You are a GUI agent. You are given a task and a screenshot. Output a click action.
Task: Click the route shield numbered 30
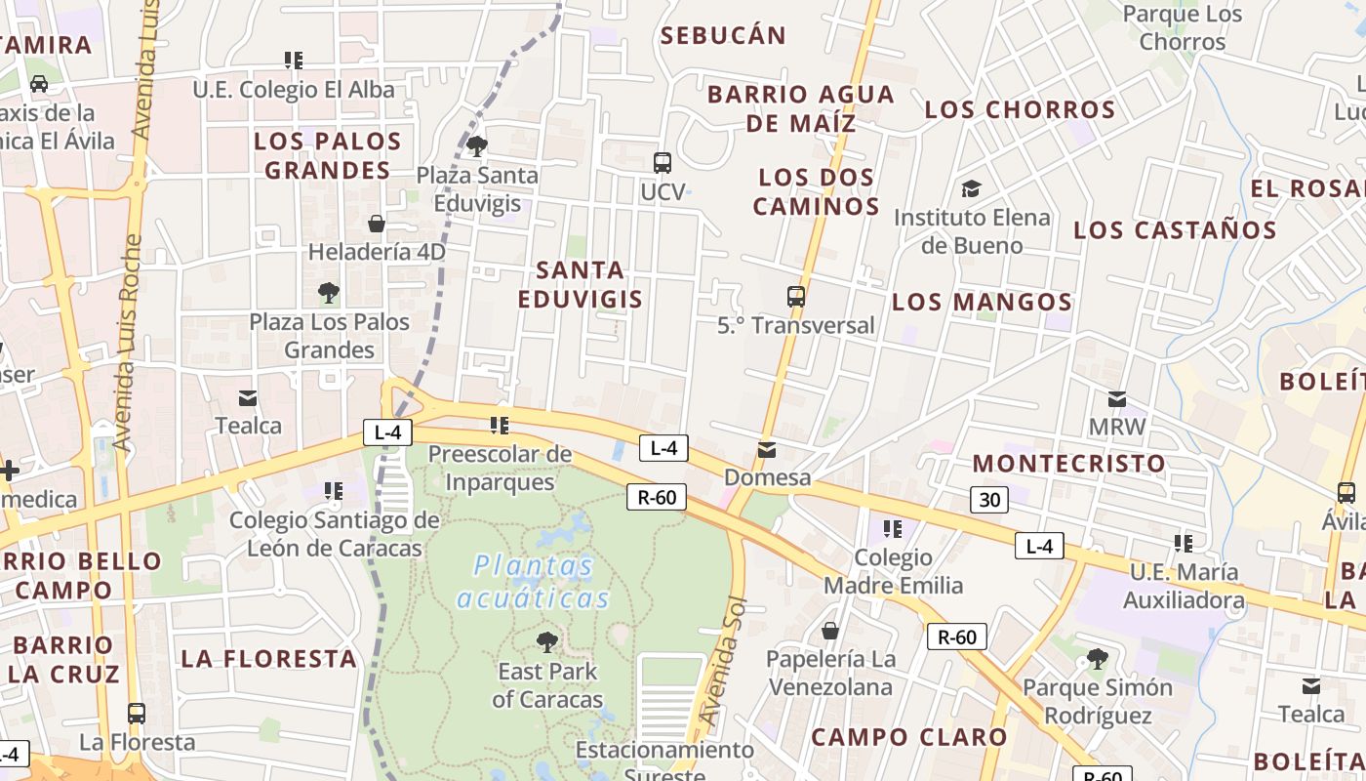coord(989,500)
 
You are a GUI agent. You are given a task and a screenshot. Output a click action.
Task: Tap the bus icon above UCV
coord(663,162)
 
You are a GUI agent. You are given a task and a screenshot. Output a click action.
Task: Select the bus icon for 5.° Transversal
coord(796,296)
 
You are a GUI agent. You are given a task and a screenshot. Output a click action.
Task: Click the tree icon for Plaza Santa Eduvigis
coord(477,146)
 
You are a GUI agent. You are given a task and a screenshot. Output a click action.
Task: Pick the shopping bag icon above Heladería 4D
coord(377,224)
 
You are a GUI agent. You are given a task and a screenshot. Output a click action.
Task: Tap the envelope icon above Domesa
coord(767,450)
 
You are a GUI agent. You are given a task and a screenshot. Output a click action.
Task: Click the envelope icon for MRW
coord(1117,398)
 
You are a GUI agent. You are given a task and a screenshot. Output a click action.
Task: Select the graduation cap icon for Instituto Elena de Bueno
coord(971,188)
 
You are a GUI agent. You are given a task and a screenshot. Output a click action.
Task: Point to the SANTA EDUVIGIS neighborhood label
coord(581,284)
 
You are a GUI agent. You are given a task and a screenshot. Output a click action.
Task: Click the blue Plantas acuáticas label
coord(534,582)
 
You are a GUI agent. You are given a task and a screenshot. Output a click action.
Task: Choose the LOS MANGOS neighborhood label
coord(982,302)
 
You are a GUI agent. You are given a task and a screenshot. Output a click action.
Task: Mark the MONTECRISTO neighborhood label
coord(1068,463)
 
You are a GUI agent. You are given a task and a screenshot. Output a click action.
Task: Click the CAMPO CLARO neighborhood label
coord(908,737)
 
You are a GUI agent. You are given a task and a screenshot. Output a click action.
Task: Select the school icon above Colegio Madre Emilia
coord(892,529)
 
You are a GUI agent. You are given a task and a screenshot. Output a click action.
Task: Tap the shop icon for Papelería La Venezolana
coord(830,631)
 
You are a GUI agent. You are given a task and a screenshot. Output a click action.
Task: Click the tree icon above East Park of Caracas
coord(547,641)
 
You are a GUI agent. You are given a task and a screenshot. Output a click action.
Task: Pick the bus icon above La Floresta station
coord(137,713)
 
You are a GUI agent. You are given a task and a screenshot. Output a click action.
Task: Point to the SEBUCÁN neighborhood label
coord(723,36)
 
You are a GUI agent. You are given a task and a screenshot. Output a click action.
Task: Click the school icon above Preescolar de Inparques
coord(500,425)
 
